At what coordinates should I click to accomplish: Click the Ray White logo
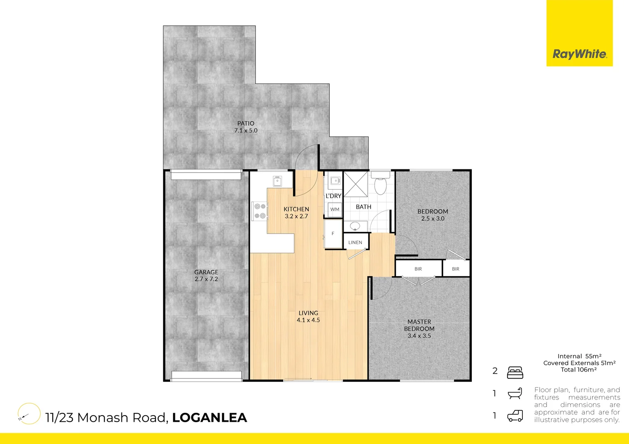click(579, 54)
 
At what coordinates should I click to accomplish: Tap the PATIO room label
click(246, 123)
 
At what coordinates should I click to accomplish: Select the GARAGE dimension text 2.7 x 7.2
click(206, 279)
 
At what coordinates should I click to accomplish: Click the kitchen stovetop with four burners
click(260, 211)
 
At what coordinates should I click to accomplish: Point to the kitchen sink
click(277, 181)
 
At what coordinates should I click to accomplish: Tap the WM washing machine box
click(335, 209)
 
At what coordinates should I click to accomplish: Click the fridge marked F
click(333, 234)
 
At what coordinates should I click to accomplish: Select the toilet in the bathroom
click(380, 184)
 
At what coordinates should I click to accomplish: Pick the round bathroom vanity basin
click(355, 226)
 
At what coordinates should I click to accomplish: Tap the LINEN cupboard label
click(355, 243)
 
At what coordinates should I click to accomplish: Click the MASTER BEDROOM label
click(419, 325)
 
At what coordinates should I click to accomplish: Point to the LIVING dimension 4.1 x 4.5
click(308, 320)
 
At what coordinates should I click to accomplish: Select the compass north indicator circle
click(29, 414)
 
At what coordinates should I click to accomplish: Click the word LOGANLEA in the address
click(210, 418)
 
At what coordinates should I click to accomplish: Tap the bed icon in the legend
click(515, 372)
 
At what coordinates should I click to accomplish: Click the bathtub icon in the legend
click(515, 393)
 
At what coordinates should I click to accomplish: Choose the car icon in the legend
click(515, 416)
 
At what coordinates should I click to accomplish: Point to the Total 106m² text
click(579, 370)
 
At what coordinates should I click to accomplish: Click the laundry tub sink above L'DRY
click(335, 181)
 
